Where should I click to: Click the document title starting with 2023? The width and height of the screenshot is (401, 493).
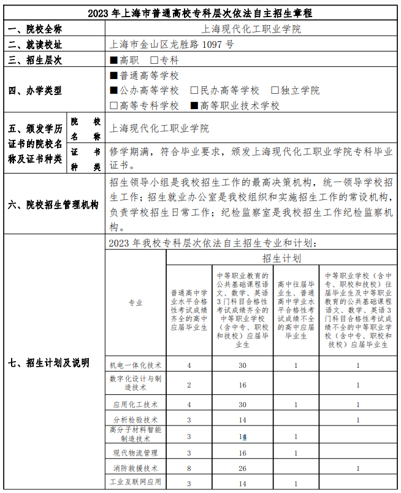click(200, 13)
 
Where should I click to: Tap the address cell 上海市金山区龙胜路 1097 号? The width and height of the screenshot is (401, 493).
click(171, 44)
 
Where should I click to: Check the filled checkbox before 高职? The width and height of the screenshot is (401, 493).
click(113, 60)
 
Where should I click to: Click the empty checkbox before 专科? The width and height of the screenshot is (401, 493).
click(154, 60)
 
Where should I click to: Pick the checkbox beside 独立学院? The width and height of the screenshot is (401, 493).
click(275, 90)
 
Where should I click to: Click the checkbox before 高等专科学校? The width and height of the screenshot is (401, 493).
click(113, 105)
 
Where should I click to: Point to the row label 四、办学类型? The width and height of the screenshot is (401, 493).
click(35, 90)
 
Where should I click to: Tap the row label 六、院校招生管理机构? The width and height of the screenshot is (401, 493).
click(54, 204)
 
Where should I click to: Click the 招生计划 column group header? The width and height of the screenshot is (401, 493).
click(281, 258)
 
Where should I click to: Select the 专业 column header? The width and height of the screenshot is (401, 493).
click(136, 302)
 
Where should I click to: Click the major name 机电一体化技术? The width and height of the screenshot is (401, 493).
click(136, 365)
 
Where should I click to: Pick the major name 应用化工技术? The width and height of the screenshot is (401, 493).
click(136, 405)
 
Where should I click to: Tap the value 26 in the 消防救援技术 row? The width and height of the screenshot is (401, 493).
click(243, 468)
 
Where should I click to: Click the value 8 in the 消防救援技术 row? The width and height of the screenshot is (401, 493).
click(189, 468)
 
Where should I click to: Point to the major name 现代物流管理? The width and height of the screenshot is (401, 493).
click(136, 453)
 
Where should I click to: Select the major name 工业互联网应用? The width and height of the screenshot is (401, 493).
click(136, 482)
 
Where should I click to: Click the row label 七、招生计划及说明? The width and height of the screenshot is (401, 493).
click(48, 363)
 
